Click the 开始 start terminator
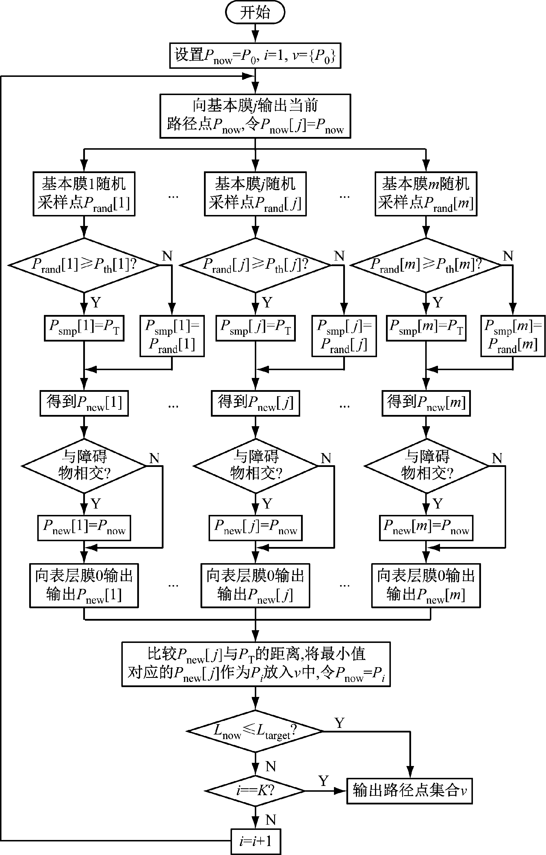point(255,12)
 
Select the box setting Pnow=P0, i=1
point(255,55)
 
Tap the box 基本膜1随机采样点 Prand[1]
point(84,194)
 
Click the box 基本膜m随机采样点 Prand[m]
point(426,194)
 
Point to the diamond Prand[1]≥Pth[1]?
point(84,265)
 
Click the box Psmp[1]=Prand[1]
point(172,335)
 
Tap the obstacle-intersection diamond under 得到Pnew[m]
point(426,465)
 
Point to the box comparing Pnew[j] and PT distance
point(256,664)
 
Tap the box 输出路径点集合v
point(409,791)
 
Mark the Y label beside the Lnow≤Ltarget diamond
point(339,723)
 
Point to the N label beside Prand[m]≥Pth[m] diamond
point(508,256)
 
